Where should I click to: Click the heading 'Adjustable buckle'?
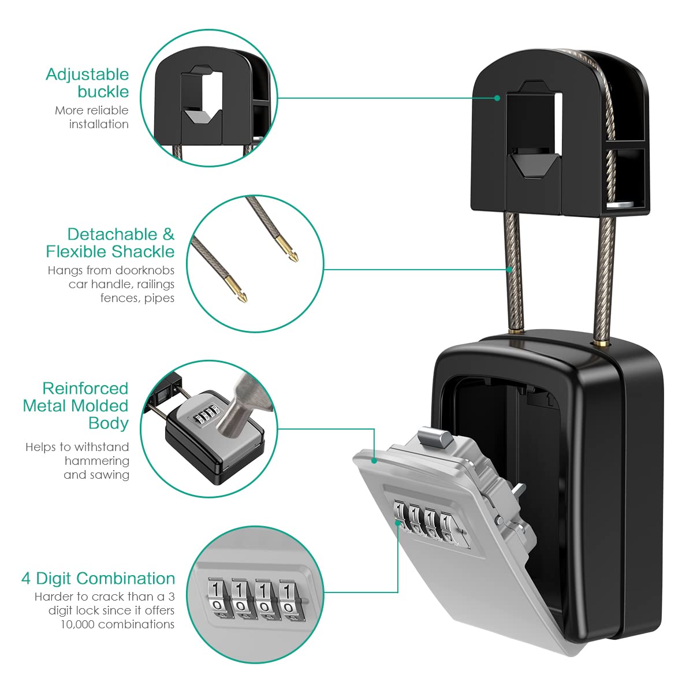(88, 83)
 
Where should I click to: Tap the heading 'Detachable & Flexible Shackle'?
(110, 243)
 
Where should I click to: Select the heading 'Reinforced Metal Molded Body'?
(76, 405)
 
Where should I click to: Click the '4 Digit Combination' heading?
(98, 579)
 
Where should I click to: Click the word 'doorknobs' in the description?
(144, 270)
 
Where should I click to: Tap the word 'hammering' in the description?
(97, 461)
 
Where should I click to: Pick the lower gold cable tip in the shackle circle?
(241, 295)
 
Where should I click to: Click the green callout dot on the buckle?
(497, 98)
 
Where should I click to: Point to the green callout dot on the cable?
(509, 270)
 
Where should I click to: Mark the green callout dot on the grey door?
(374, 460)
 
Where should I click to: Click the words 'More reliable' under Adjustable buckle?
(92, 110)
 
